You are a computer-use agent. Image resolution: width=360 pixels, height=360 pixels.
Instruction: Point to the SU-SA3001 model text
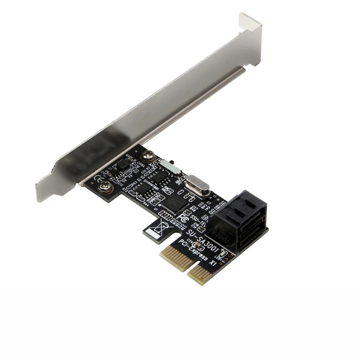[203, 238]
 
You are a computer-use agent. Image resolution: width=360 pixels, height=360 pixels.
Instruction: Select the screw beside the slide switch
[147, 157]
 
